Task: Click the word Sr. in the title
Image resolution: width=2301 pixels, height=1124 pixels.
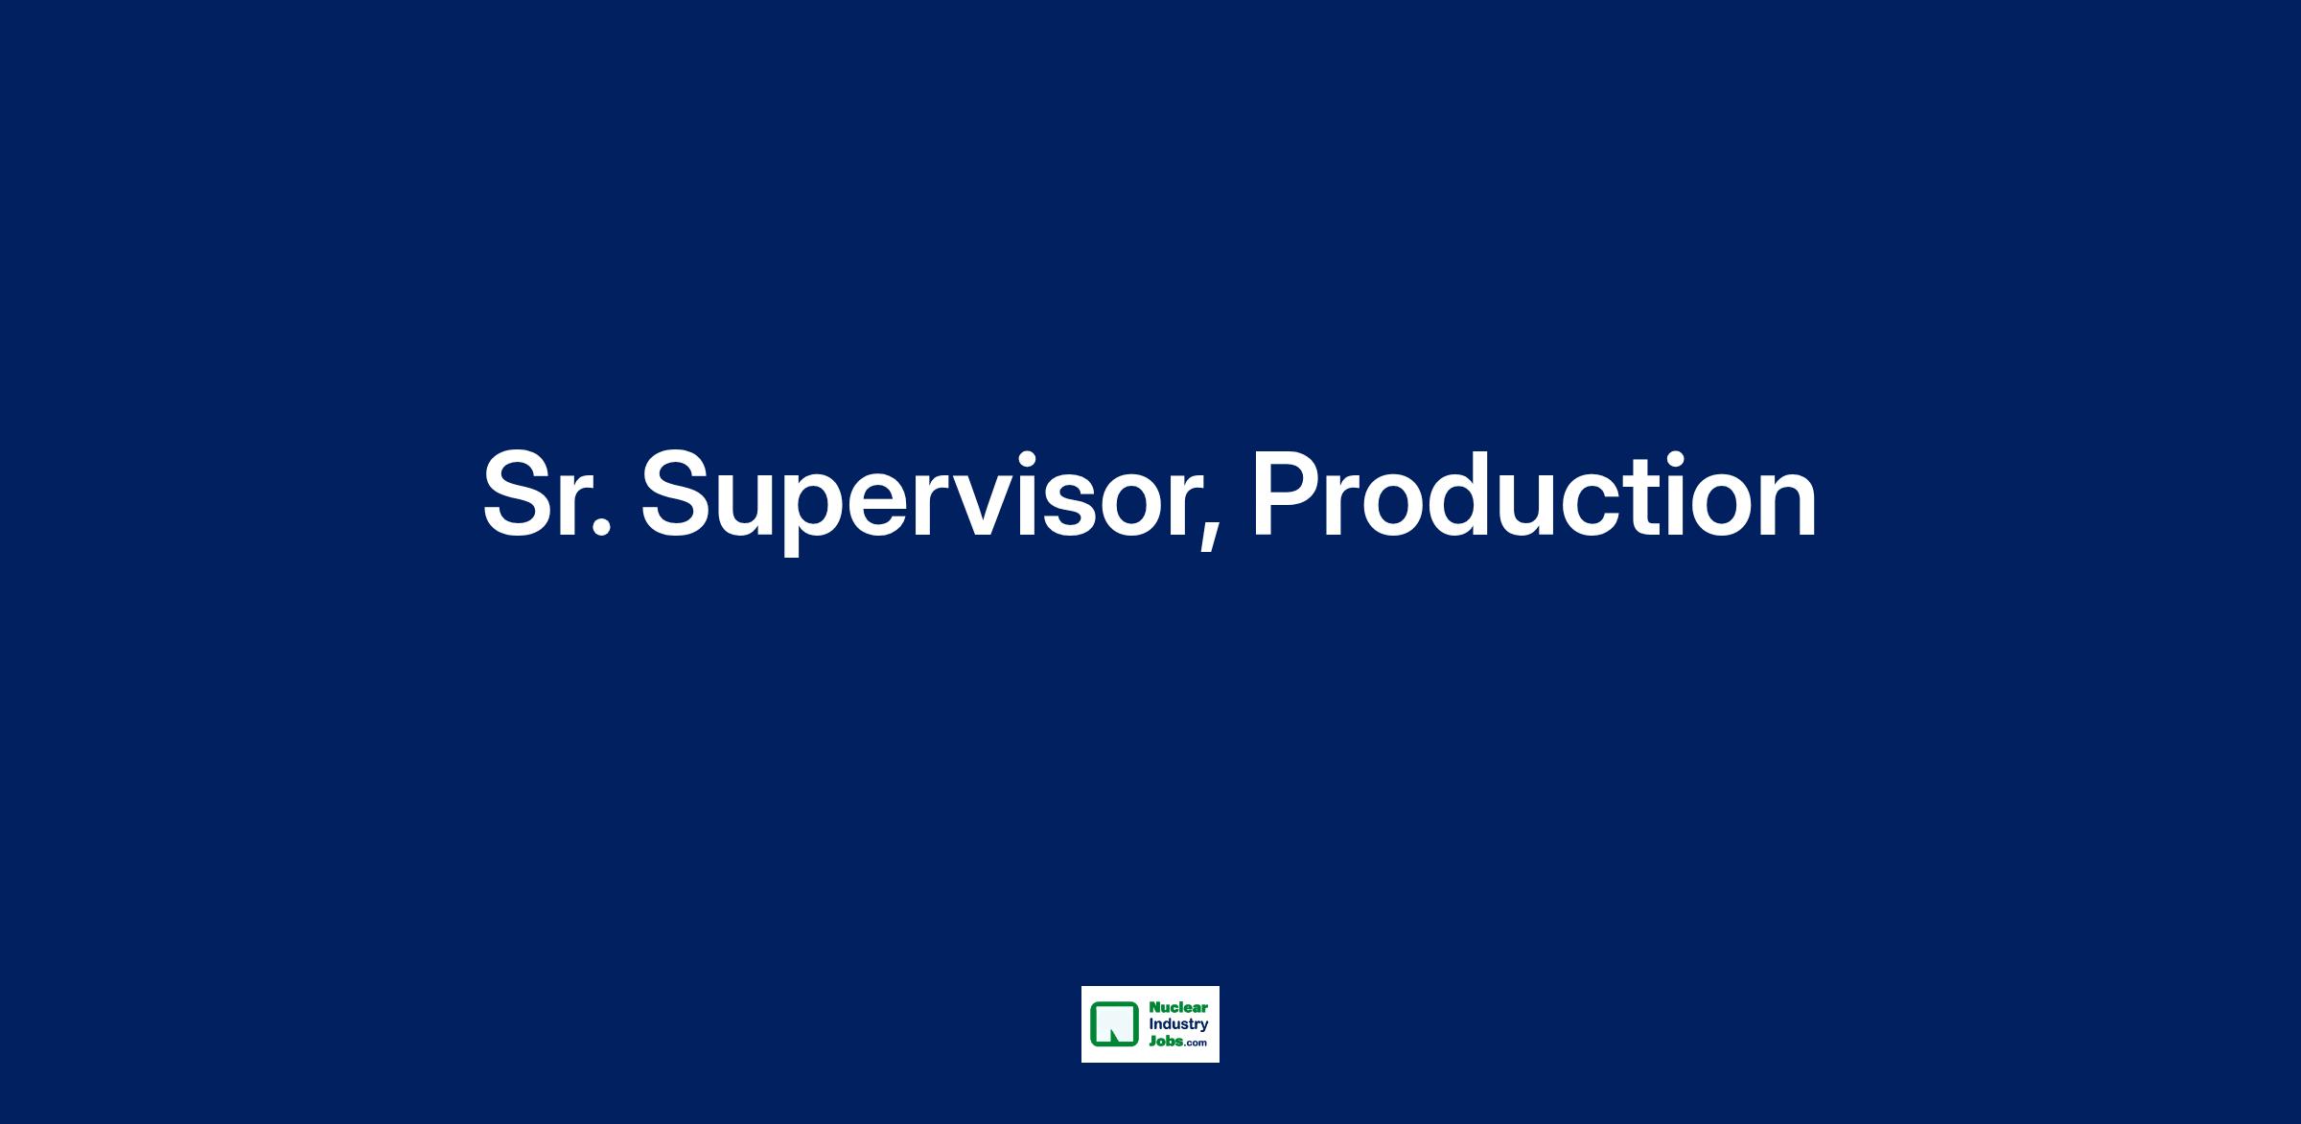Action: tap(546, 494)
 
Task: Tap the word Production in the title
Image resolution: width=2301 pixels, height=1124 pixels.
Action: tap(1534, 494)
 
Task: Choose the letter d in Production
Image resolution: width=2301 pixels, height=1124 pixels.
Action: tap(1473, 494)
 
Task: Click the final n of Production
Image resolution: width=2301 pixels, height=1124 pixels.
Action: tap(1789, 506)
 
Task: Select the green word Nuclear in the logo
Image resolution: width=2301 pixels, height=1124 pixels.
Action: tap(1178, 1008)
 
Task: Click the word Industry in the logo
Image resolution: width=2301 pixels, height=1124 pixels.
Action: tap(1178, 1025)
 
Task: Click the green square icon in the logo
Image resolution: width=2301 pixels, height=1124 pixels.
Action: tap(1114, 1024)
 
